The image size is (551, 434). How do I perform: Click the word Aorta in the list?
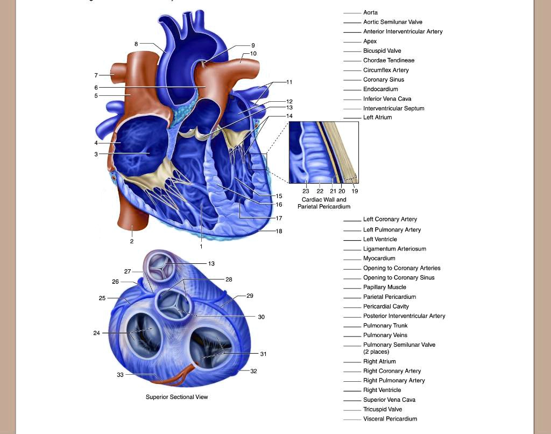[370, 12]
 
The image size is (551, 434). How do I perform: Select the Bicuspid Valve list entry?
[382, 51]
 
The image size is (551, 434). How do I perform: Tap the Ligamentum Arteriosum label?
[394, 249]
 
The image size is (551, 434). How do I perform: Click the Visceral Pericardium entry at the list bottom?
[390, 419]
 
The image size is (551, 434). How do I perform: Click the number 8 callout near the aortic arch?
[136, 44]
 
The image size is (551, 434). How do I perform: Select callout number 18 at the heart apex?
[279, 231]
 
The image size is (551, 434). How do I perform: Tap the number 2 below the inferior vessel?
[131, 241]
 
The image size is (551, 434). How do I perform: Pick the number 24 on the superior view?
[97, 333]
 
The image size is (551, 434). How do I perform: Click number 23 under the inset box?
[306, 191]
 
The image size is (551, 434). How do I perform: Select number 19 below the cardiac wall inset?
[355, 191]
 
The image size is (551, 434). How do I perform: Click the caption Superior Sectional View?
[176, 397]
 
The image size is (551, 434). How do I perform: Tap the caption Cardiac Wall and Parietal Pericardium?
[324, 203]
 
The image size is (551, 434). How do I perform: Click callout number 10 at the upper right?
[253, 53]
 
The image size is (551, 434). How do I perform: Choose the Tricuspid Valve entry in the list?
[383, 409]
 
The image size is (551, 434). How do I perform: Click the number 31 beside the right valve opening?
[263, 354]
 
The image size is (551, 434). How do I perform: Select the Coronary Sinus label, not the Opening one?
[384, 80]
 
